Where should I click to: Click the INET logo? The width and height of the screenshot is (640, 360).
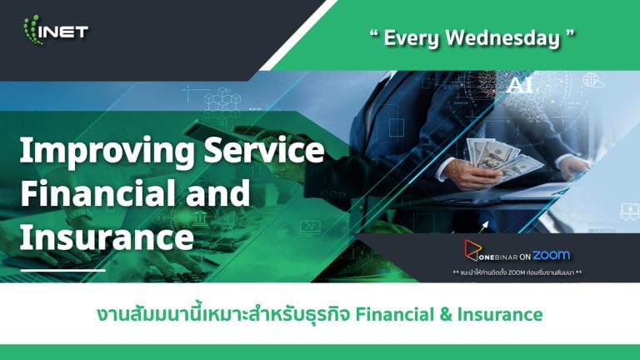pyautogui.click(x=56, y=30)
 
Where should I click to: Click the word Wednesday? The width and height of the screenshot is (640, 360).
pyautogui.click(x=502, y=38)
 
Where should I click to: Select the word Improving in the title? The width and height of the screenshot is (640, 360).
pyautogui.click(x=107, y=152)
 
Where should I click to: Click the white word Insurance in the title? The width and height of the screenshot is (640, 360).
pyautogui.click(x=107, y=237)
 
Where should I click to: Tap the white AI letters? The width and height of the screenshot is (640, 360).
pyautogui.click(x=519, y=85)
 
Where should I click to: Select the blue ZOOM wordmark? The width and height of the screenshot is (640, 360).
pyautogui.click(x=552, y=255)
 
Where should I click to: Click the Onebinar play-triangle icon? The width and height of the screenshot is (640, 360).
pyautogui.click(x=472, y=250)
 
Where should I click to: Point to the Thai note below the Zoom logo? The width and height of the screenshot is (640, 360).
pyautogui.click(x=517, y=272)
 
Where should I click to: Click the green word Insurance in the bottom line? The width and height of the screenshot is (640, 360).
pyautogui.click(x=500, y=315)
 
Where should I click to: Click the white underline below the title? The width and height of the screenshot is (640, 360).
pyautogui.click(x=62, y=270)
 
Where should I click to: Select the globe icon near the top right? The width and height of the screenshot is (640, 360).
pyautogui.click(x=592, y=80)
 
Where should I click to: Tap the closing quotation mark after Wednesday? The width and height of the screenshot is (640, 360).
pyautogui.click(x=570, y=33)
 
